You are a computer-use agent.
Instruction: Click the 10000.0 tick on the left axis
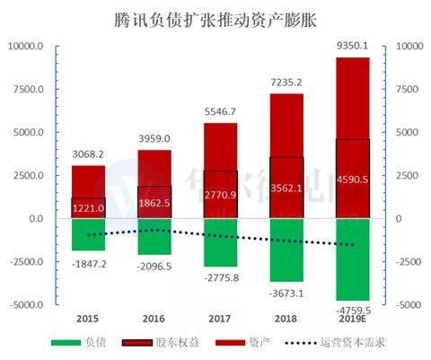(x=25, y=46)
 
